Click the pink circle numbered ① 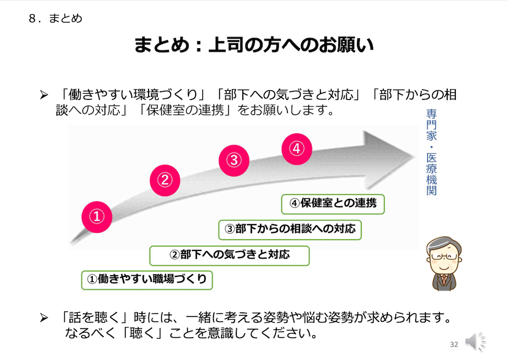[x=97, y=217]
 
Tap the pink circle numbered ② [x=165, y=180]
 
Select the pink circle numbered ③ [x=234, y=160]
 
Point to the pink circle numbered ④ [x=297, y=149]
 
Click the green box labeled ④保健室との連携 [x=333, y=204]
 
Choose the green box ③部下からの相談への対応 [x=289, y=230]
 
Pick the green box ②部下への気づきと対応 [x=230, y=256]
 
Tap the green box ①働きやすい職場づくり [x=147, y=280]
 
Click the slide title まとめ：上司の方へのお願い [x=254, y=45]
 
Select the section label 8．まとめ [x=55, y=18]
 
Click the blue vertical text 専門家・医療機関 [x=431, y=152]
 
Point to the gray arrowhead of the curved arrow [x=388, y=159]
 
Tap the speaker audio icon [x=475, y=342]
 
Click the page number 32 [x=454, y=344]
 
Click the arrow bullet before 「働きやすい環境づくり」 [x=44, y=95]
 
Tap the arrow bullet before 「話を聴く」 [x=44, y=317]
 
